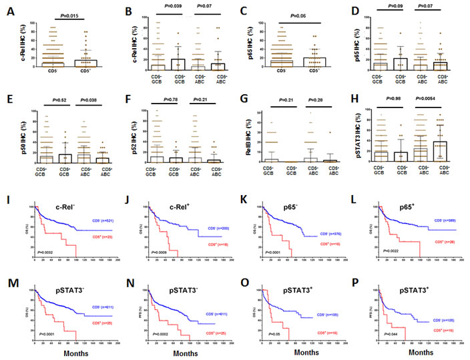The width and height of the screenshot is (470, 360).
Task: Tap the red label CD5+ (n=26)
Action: tap(442, 240)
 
